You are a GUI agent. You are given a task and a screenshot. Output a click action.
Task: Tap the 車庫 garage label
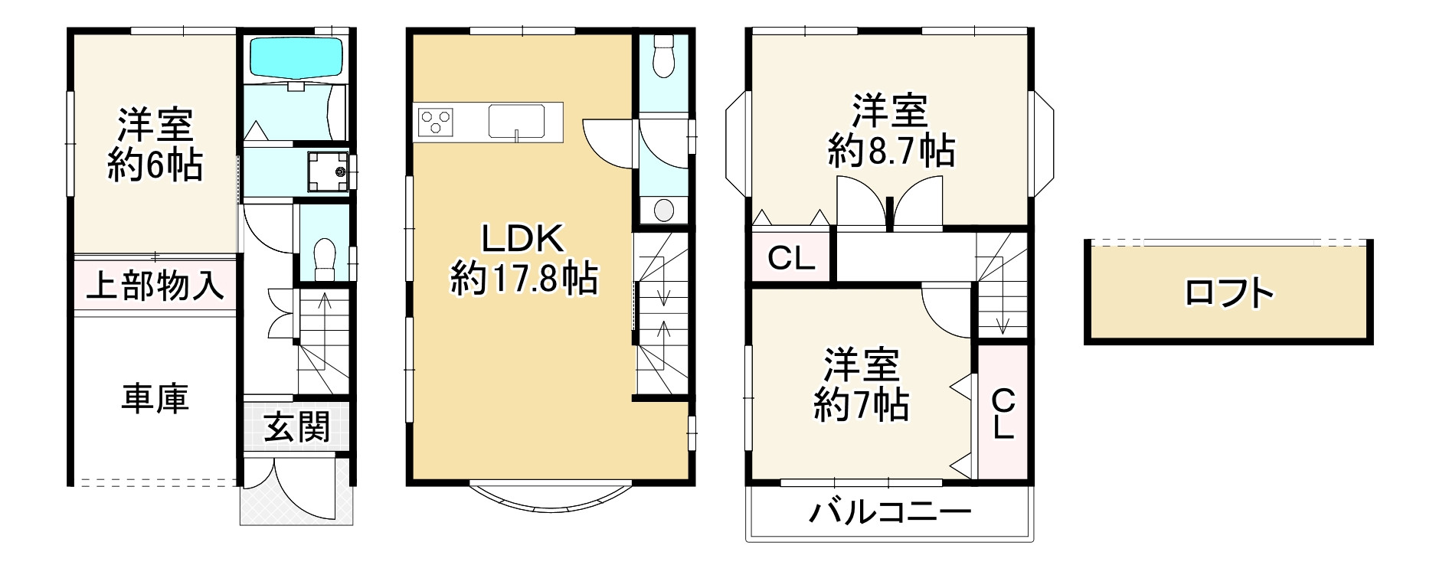[x=155, y=399]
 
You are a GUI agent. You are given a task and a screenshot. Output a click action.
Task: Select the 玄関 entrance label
[x=297, y=426]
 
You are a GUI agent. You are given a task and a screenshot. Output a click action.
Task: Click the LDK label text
[x=522, y=240]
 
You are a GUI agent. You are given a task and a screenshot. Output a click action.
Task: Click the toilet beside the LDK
[x=663, y=54]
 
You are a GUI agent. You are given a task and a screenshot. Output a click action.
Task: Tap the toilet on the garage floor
[x=325, y=253]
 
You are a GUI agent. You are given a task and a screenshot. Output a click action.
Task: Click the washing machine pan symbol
[x=327, y=171]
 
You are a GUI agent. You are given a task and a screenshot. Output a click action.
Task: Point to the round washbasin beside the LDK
[x=663, y=208]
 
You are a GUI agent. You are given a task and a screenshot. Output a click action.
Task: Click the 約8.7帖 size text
[x=891, y=151]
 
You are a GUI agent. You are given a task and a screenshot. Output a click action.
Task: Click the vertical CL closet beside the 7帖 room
[x=1003, y=413]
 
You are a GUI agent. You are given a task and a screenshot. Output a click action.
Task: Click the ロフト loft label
[x=1228, y=293]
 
